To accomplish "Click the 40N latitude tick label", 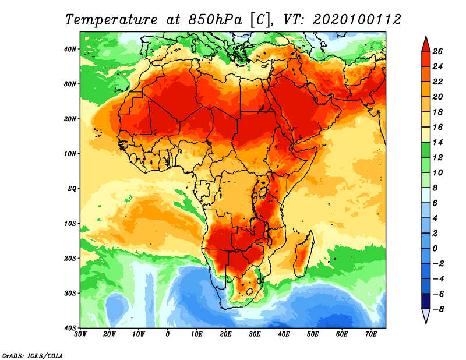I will (71, 49).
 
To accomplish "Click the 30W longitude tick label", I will (80, 334).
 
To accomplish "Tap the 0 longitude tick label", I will (168, 334).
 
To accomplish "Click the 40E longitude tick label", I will (284, 334).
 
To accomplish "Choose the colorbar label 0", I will (441, 248).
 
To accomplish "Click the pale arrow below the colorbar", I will (425, 316).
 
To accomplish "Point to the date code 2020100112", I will (356, 19).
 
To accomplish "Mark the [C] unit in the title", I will (260, 19).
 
